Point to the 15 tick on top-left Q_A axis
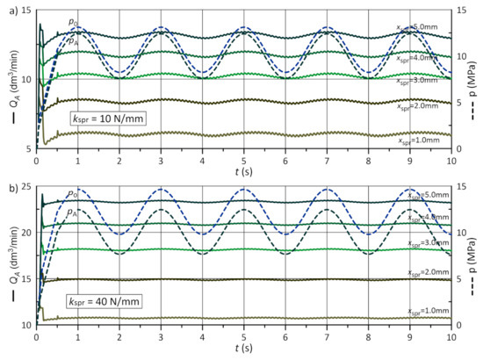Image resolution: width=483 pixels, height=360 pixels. pyautogui.click(x=25, y=10)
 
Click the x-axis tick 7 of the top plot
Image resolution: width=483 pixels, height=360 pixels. pyautogui.click(x=328, y=162)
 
